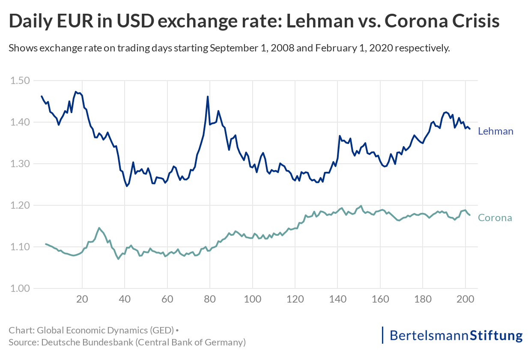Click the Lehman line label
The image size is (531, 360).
(x=495, y=131)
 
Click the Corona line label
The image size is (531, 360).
(x=495, y=218)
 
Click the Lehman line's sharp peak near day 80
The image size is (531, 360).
(x=208, y=96)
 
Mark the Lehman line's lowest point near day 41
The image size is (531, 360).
(x=127, y=186)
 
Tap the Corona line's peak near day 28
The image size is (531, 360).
(x=99, y=228)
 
